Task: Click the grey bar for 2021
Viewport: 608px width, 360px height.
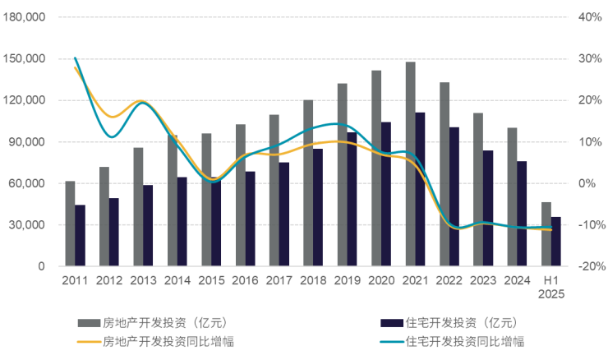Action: [x=410, y=164]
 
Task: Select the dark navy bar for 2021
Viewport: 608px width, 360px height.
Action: [x=421, y=189]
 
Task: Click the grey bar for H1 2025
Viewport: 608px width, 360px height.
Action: [x=546, y=233]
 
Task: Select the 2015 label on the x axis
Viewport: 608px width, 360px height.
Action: [x=211, y=280]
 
